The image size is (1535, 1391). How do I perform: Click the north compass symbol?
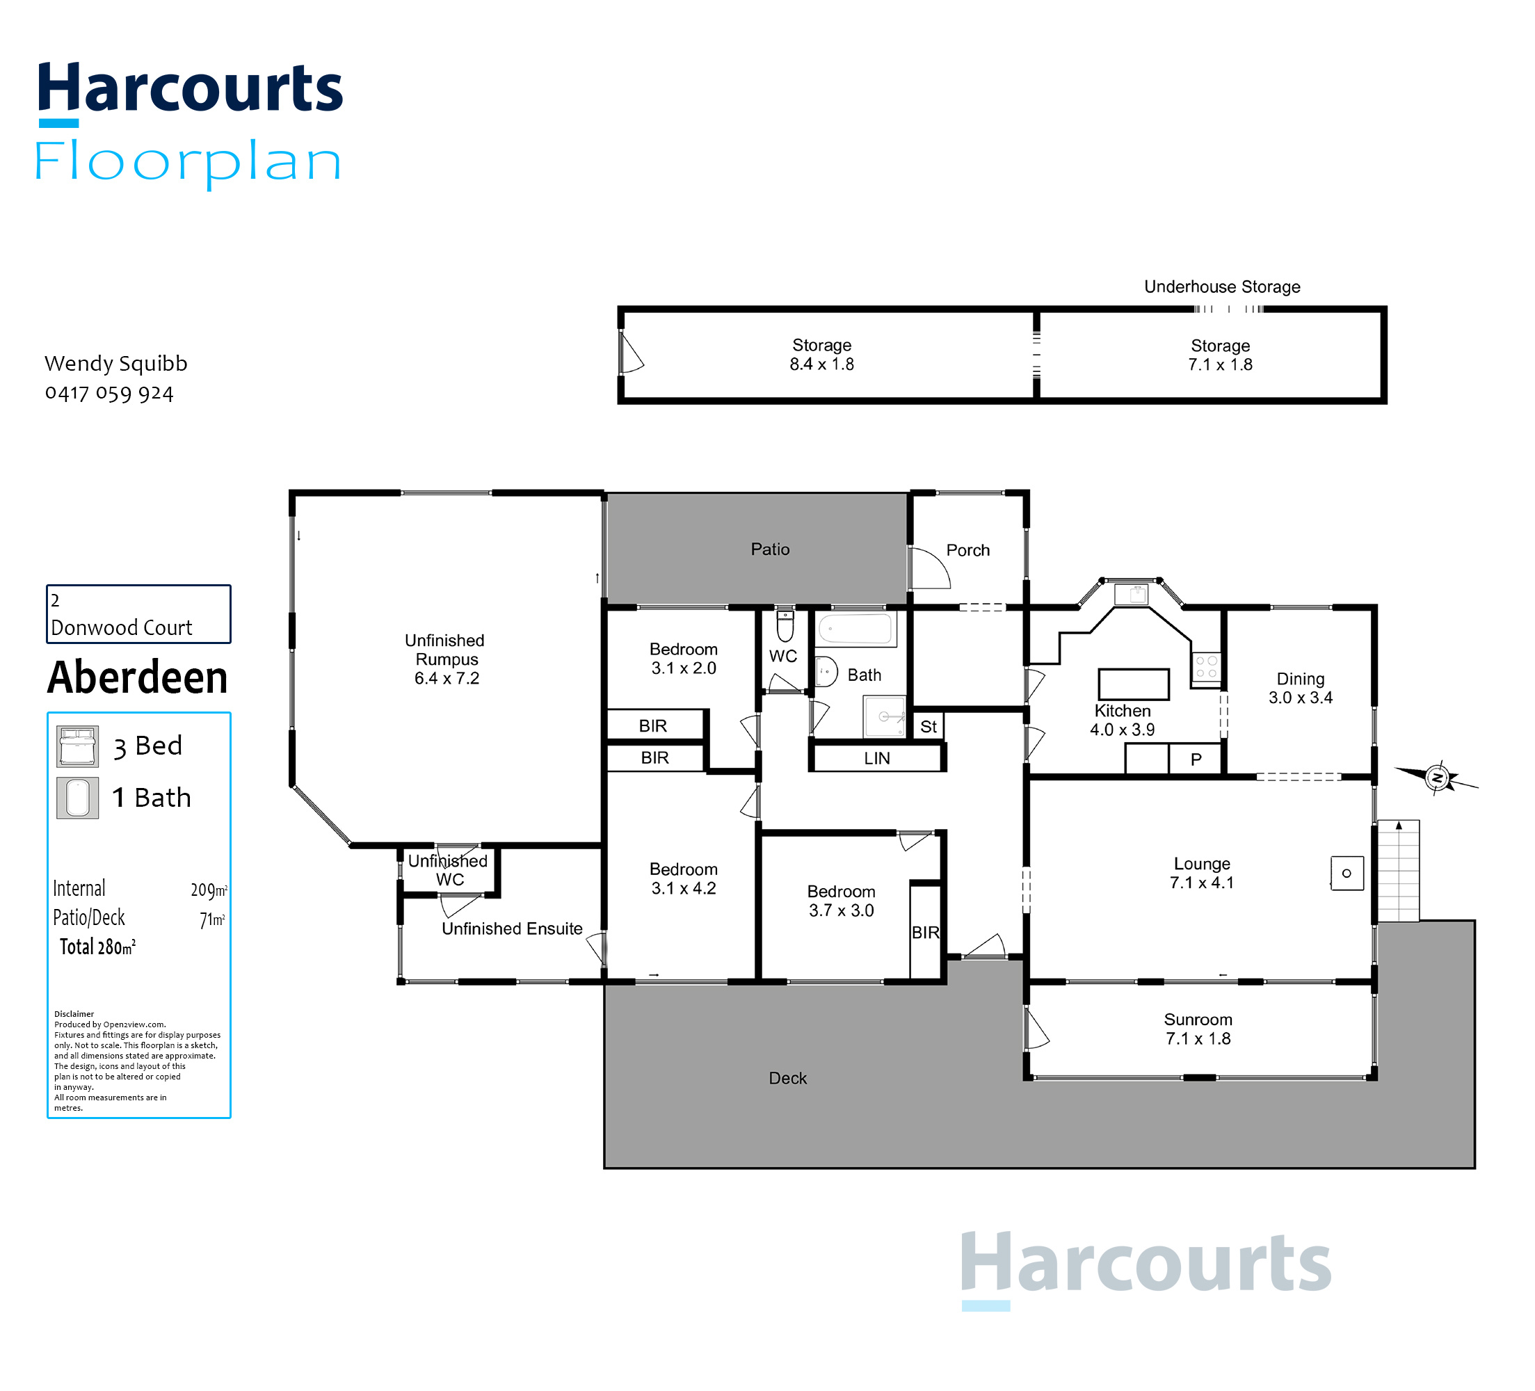[x=1437, y=778]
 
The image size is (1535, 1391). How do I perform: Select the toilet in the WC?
[x=785, y=626]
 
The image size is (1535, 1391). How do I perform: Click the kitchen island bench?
[x=1133, y=684]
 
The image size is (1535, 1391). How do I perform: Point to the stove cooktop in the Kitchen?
[x=1206, y=667]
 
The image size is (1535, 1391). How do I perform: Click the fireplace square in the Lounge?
[x=1347, y=874]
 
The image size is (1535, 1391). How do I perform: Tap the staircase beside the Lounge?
[x=1399, y=871]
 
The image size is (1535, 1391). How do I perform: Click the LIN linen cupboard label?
[x=876, y=758]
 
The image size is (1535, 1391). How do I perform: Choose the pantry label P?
[x=1196, y=759]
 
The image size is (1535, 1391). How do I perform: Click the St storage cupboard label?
[x=928, y=726]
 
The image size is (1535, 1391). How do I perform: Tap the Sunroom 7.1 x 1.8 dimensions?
[x=1198, y=1038]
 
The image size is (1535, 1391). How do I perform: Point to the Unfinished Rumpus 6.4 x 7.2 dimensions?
[x=447, y=678]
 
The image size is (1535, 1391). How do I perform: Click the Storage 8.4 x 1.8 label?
[x=821, y=355]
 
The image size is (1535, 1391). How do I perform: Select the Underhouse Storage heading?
[x=1222, y=287]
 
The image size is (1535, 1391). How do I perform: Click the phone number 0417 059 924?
[x=109, y=394]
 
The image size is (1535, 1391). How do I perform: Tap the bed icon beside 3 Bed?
[x=78, y=746]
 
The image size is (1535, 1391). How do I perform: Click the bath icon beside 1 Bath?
[x=78, y=798]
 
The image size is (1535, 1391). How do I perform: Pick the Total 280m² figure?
[x=97, y=947]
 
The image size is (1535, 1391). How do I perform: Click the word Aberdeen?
[x=138, y=677]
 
